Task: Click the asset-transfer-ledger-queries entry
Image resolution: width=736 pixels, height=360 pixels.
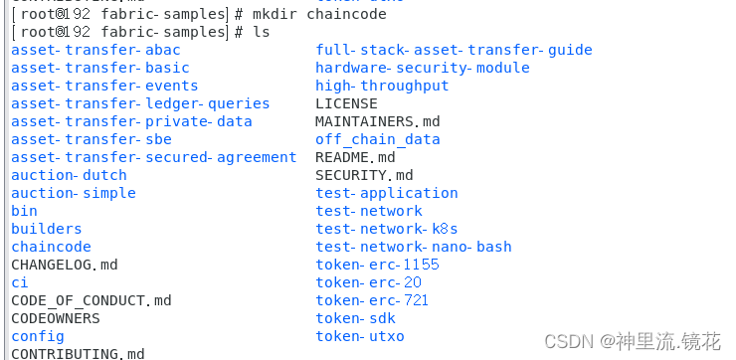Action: coord(140,103)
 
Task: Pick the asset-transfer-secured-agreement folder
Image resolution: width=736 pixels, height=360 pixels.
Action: coord(153,157)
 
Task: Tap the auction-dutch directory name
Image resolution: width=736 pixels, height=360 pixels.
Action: coord(69,175)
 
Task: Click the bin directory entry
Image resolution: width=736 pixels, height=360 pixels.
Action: coord(24,211)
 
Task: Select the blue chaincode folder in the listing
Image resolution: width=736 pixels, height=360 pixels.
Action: coord(51,247)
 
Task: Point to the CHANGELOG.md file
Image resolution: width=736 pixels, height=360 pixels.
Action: coord(64,265)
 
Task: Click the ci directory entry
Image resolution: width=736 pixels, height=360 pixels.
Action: coord(19,282)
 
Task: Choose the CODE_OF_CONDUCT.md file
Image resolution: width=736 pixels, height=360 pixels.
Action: coord(91,300)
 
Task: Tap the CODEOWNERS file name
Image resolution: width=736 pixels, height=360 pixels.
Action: coord(55,318)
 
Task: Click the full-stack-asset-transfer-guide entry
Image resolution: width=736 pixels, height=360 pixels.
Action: coord(454,50)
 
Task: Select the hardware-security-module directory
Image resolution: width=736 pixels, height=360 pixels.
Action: coord(422,68)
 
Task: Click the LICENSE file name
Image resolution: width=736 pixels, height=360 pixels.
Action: coord(346,103)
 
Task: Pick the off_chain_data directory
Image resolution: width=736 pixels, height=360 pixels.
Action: coord(377,139)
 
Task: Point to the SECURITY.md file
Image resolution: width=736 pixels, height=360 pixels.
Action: coord(363,175)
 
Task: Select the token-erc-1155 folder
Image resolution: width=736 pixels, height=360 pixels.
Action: coord(377,265)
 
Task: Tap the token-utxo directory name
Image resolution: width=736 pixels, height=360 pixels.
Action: coord(359,336)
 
